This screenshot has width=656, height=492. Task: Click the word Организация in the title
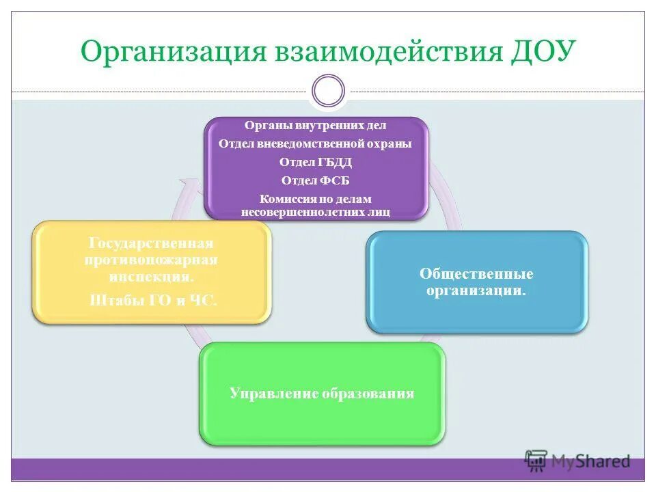tap(173, 53)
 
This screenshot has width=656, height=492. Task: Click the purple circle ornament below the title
tap(328, 91)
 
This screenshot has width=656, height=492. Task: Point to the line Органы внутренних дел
tap(316, 126)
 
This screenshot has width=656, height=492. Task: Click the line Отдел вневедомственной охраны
tap(316, 144)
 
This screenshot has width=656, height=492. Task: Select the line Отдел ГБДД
tap(316, 163)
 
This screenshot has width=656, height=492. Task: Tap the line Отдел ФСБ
tap(316, 180)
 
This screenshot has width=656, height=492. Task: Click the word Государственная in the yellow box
tap(152, 244)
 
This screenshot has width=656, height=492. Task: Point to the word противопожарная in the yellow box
tap(152, 260)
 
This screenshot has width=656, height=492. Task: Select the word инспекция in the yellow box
tap(150, 277)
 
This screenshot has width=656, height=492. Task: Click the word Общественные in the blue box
tap(476, 274)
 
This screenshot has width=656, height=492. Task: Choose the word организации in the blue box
tap(477, 291)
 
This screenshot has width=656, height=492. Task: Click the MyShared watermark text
tap(590, 461)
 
